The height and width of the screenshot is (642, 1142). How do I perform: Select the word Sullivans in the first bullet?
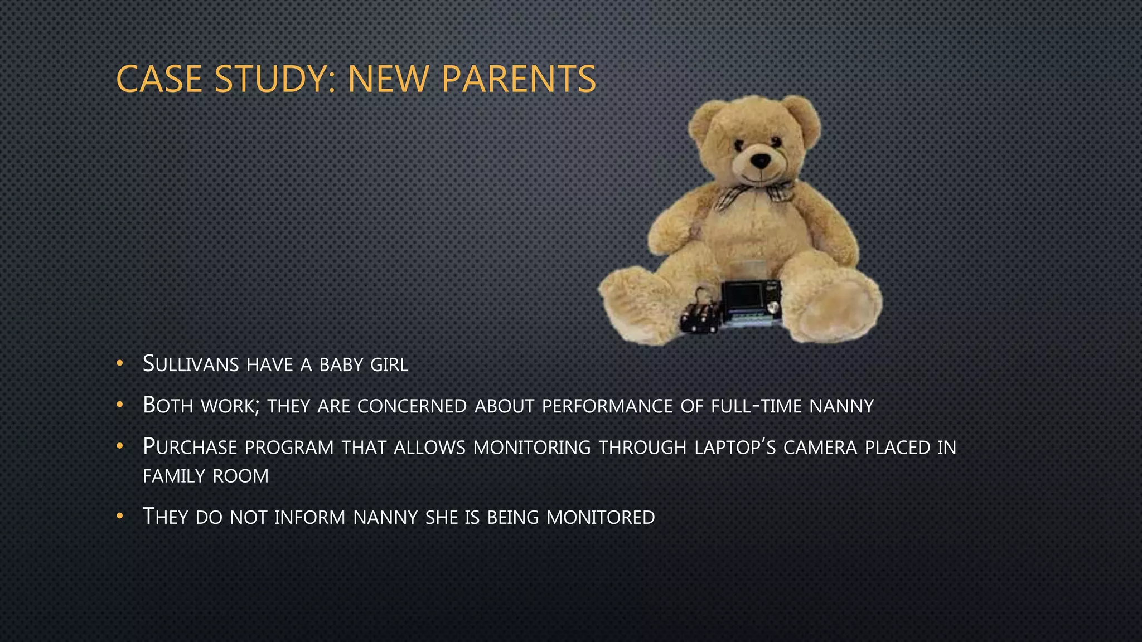[191, 364]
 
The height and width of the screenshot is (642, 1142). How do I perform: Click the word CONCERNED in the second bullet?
[412, 406]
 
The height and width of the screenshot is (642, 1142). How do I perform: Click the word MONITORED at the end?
[601, 518]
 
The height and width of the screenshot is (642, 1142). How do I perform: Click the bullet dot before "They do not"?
[119, 517]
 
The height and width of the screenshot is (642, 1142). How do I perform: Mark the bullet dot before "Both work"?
[119, 405]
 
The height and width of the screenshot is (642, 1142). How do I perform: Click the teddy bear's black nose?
[760, 160]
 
